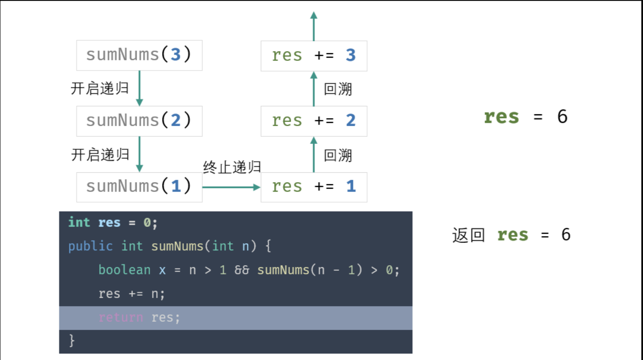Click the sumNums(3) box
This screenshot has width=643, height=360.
(139, 55)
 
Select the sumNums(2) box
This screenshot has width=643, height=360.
(139, 121)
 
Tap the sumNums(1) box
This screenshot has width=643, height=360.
(139, 187)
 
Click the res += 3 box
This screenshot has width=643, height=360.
(314, 56)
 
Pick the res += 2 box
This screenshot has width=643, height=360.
(314, 121)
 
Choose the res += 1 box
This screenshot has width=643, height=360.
(314, 187)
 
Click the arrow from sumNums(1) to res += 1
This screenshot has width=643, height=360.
(231, 187)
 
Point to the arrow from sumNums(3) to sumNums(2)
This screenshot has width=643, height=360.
(139, 88)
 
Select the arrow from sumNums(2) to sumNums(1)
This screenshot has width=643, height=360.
(139, 154)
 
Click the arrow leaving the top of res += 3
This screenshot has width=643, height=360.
(314, 26)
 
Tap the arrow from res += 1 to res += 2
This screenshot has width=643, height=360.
(314, 154)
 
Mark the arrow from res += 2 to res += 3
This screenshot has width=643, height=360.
(314, 89)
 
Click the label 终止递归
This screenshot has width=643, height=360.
(232, 167)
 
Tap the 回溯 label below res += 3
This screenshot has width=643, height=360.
(338, 89)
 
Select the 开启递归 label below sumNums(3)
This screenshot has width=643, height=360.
(100, 88)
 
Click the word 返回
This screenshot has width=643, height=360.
(469, 235)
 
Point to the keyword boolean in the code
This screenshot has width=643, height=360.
(124, 270)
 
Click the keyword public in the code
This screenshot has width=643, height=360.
(90, 246)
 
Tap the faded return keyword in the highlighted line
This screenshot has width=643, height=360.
(121, 317)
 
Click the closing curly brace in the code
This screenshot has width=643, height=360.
(72, 341)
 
